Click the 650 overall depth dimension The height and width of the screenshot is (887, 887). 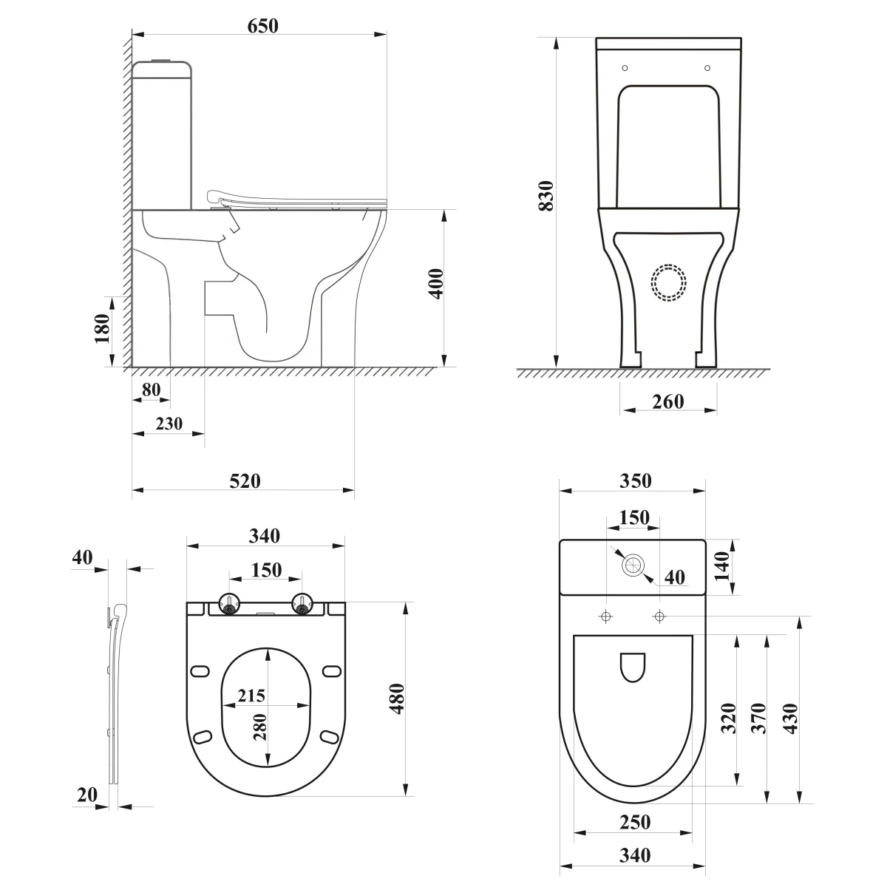point(263,26)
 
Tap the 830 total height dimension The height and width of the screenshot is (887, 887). point(546,196)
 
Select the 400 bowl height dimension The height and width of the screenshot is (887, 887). point(436,284)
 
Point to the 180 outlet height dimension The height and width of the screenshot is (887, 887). point(102,329)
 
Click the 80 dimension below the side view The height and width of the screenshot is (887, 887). point(151,390)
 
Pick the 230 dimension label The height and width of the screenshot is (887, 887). point(169,424)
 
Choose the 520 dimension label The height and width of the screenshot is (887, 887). point(245,481)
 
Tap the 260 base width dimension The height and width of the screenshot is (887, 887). point(668,402)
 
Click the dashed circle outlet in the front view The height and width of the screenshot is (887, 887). point(668,282)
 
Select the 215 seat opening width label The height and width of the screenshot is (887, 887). point(251,695)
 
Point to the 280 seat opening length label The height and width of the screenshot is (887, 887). point(260,727)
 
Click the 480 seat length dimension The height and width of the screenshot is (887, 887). point(397,699)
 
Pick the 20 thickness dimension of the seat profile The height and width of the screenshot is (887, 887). point(87,795)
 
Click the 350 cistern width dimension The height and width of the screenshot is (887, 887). point(635,480)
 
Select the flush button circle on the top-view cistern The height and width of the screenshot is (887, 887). point(633,565)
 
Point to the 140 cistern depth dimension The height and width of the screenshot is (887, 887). point(721,567)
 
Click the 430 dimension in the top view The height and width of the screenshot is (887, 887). point(790,718)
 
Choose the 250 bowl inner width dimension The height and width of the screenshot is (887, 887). point(635,822)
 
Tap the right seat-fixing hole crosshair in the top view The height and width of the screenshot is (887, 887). point(659,616)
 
